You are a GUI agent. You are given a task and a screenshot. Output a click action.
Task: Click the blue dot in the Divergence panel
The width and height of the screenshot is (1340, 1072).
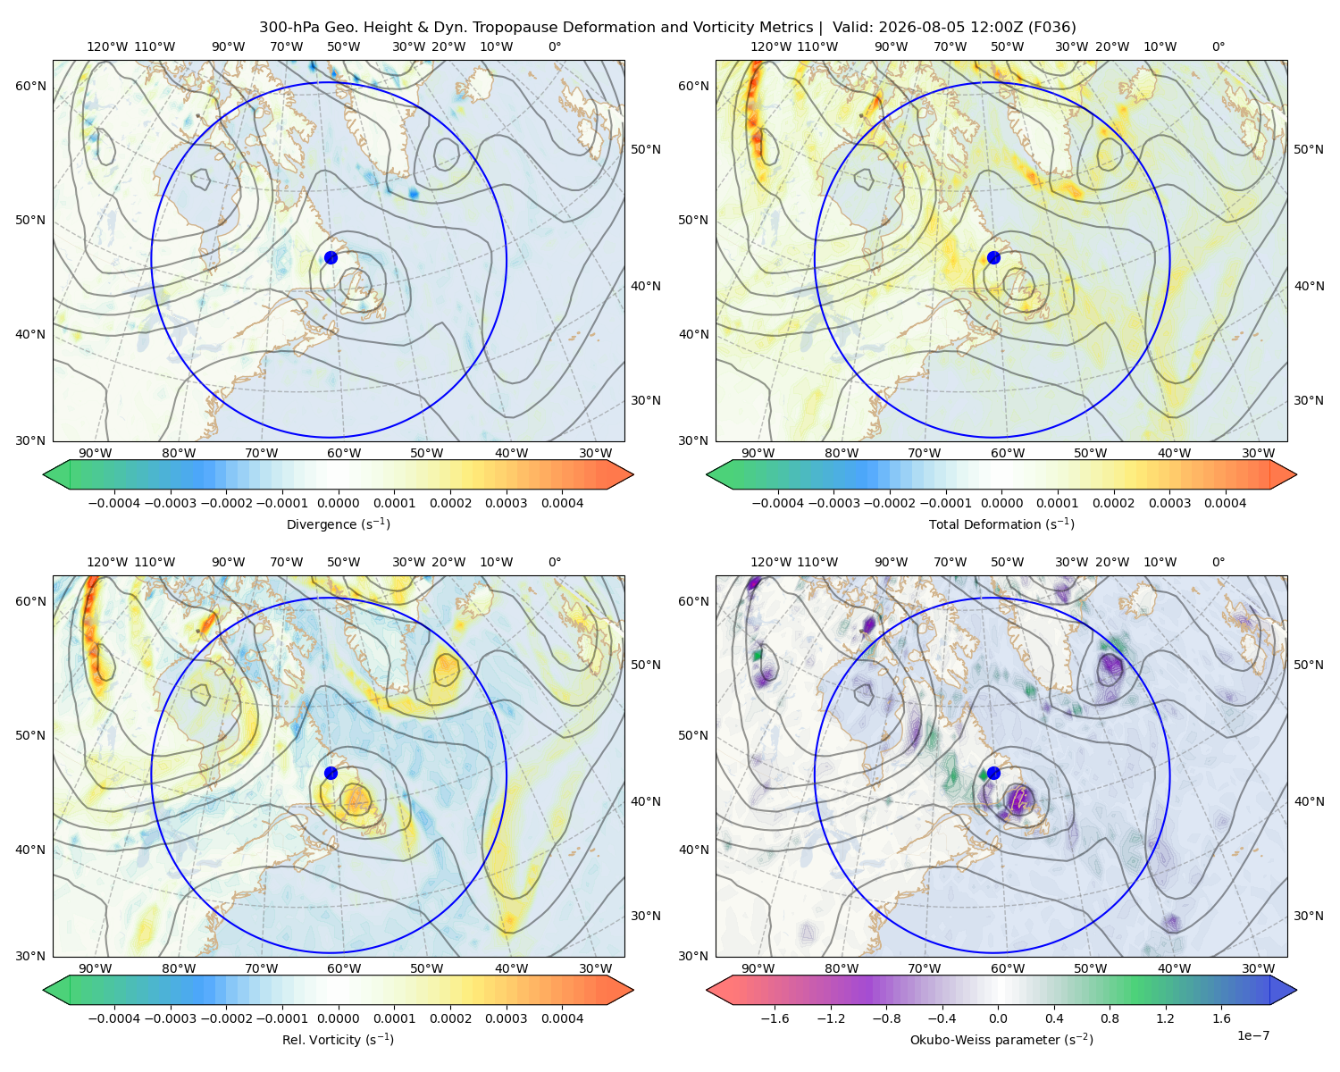click(x=331, y=258)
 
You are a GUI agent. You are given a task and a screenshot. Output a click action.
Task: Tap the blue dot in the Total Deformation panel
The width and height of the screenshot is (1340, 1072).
click(x=993, y=258)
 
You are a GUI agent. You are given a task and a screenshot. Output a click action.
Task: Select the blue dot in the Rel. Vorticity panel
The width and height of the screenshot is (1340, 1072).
click(x=331, y=773)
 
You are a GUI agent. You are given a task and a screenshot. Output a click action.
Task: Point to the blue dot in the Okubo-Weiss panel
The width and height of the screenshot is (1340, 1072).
click(x=993, y=773)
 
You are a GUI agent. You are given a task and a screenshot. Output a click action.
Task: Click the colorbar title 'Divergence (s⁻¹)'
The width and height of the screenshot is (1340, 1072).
click(x=338, y=524)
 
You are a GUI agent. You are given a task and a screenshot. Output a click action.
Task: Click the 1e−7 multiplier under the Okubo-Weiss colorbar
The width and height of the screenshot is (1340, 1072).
click(x=1252, y=1035)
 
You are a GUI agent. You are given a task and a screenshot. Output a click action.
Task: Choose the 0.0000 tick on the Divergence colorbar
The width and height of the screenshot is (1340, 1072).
click(x=338, y=503)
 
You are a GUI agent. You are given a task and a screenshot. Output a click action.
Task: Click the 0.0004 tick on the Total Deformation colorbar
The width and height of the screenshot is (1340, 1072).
click(x=1225, y=503)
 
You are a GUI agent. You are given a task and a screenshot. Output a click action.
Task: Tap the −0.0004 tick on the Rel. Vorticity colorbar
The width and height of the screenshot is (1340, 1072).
click(x=114, y=1018)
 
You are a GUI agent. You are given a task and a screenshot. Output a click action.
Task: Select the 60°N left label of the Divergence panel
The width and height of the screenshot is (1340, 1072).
click(x=30, y=86)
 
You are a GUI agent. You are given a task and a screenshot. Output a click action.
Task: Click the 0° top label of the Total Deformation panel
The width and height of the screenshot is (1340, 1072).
click(x=1219, y=46)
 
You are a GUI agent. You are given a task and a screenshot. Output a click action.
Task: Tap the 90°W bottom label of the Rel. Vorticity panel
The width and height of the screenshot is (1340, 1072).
click(x=96, y=968)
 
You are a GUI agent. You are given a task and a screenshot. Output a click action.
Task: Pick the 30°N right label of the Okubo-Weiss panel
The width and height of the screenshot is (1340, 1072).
click(x=1309, y=916)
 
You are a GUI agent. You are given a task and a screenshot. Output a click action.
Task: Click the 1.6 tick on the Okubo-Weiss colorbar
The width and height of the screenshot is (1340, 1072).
click(x=1222, y=1018)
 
